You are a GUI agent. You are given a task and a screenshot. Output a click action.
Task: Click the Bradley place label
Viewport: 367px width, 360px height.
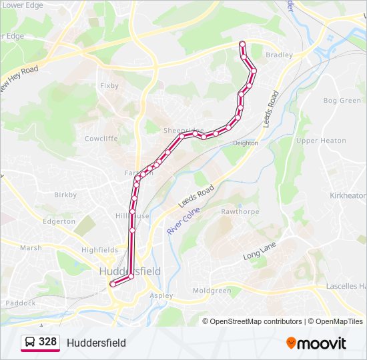tap(279, 55)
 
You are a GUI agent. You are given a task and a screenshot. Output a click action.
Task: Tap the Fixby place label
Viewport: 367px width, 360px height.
tap(109, 85)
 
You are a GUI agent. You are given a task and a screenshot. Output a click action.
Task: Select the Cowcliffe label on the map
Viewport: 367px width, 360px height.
tap(101, 139)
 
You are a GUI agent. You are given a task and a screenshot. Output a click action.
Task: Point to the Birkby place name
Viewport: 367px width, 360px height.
tap(65, 195)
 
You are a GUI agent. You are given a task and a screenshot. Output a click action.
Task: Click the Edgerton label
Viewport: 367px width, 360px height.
tap(59, 221)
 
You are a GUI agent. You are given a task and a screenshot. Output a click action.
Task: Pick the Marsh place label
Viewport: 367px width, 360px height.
tap(31, 247)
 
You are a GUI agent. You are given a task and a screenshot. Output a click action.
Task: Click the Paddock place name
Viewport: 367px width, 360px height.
tap(21, 303)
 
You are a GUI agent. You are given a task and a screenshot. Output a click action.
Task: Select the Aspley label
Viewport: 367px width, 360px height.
tap(162, 295)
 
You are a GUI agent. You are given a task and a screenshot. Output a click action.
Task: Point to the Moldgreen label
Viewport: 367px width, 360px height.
tap(212, 291)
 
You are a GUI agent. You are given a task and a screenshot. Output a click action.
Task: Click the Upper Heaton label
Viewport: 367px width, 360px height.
tap(321, 141)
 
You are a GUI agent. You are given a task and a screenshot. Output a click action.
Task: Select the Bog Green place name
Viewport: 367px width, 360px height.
tap(342, 101)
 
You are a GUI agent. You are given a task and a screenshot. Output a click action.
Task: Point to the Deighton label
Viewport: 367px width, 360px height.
tap(245, 143)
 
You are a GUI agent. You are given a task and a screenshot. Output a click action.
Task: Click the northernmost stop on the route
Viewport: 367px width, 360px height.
tap(242, 44)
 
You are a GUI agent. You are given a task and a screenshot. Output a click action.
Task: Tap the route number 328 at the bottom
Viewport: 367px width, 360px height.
tap(47, 342)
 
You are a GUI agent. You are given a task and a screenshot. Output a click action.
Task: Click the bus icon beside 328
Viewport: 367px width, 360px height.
tap(30, 343)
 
